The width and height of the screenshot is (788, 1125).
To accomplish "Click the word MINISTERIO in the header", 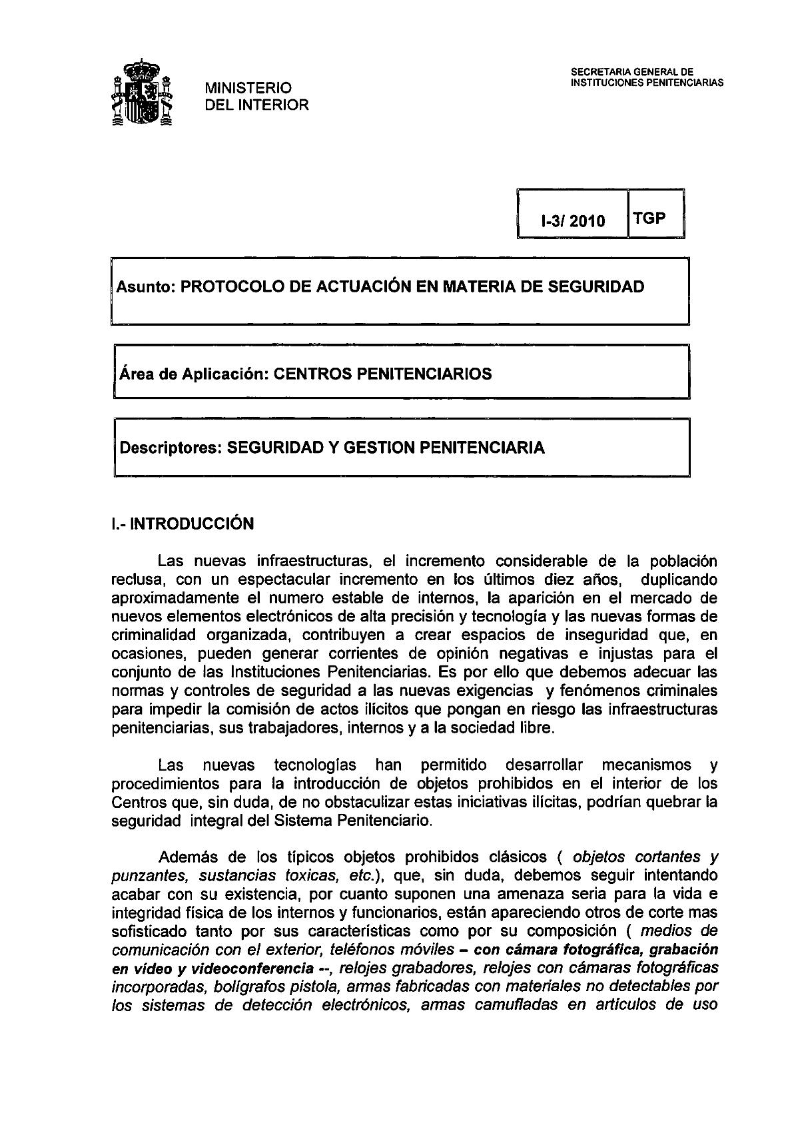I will click(248, 88).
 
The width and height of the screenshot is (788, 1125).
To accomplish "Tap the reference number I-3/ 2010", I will click(573, 221).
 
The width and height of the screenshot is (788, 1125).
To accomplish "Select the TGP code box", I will click(649, 218).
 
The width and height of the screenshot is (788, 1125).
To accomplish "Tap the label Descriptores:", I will click(170, 448).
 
